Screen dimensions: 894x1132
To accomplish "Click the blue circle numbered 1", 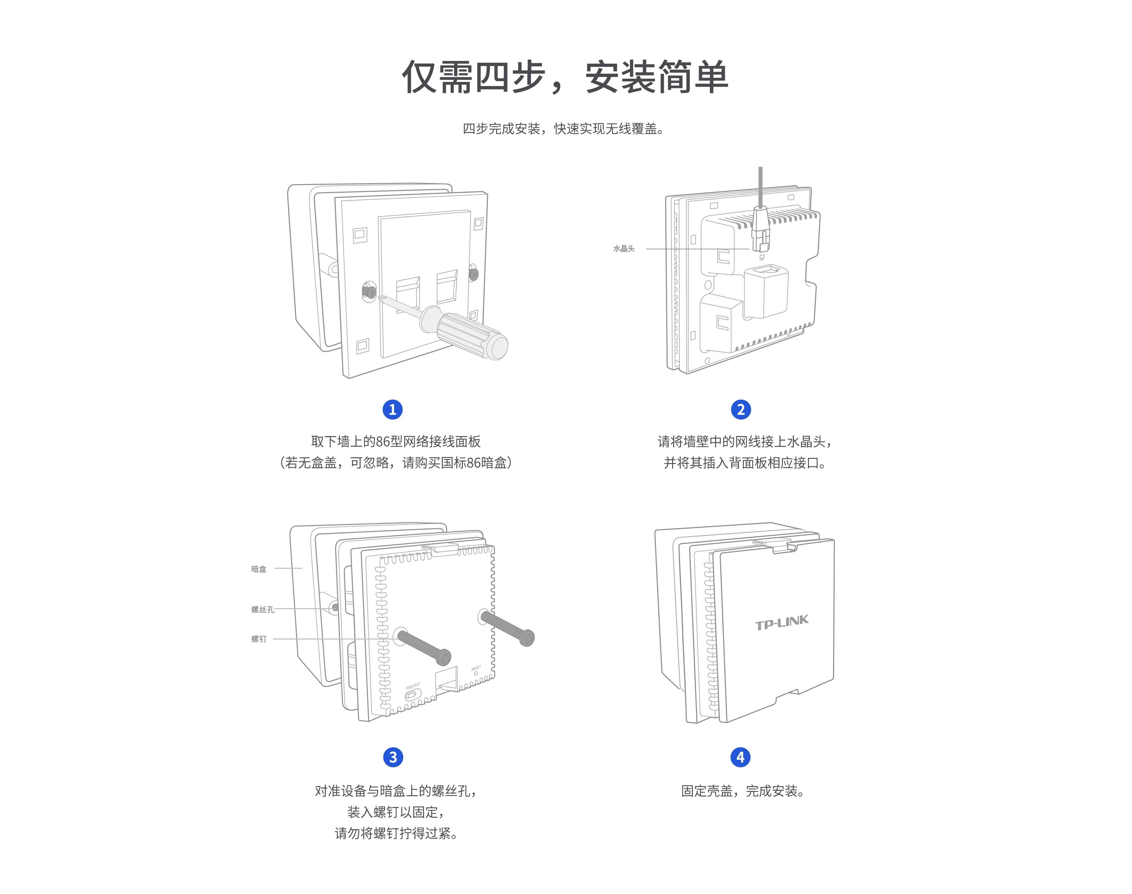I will pos(393,409).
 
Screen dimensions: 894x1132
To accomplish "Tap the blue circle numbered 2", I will pos(740,409).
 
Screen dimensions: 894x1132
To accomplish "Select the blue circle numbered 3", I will pos(393,757).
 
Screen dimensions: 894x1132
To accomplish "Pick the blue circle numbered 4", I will pos(740,757).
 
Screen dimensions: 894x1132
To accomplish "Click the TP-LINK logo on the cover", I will pos(782,622).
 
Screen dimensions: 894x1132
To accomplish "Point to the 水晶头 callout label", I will pos(623,249).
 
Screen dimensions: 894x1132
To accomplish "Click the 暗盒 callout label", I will pos(259,569).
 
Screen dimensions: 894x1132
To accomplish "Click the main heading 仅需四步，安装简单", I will pos(565,77).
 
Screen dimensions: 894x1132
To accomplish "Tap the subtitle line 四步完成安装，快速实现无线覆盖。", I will pos(563,129).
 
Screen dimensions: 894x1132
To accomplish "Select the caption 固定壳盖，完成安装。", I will pos(743,791).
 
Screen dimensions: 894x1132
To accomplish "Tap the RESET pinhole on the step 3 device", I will pos(476,674).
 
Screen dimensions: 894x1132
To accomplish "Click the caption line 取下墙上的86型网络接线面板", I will pos(396,441).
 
